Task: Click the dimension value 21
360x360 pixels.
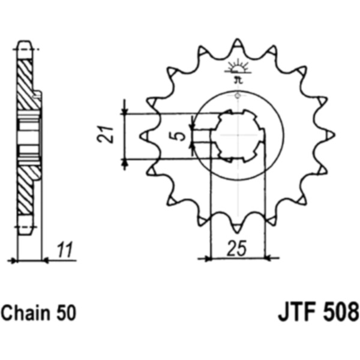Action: click(x=106, y=134)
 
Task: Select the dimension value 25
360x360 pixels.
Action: click(x=237, y=248)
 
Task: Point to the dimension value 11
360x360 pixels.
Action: click(x=65, y=250)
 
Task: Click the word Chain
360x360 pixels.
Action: click(x=26, y=313)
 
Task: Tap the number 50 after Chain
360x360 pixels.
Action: click(x=66, y=313)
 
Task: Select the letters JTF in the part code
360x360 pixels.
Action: click(x=298, y=313)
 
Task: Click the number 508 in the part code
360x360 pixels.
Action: click(x=341, y=313)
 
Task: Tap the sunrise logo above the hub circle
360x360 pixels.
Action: click(x=238, y=69)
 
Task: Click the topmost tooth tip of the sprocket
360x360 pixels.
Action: click(x=238, y=39)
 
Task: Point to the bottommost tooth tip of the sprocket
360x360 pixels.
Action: click(x=237, y=232)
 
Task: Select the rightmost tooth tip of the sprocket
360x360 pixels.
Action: click(x=334, y=135)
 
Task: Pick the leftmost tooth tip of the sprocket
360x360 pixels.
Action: click(x=140, y=136)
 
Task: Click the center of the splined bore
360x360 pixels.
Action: click(x=238, y=135)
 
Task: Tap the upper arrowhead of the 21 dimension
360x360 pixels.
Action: click(x=125, y=110)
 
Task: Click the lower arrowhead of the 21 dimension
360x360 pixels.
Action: click(x=125, y=162)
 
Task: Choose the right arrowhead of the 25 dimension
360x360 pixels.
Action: click(x=268, y=259)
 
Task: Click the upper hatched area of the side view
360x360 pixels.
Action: click(x=27, y=84)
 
